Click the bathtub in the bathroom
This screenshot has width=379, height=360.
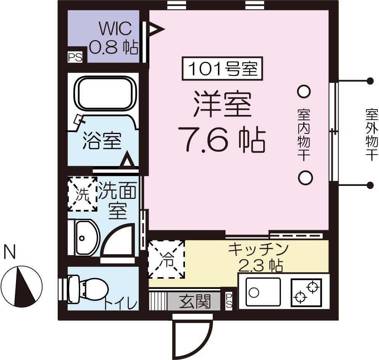107,94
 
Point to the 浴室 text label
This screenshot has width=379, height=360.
102,141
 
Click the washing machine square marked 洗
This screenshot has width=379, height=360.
82,194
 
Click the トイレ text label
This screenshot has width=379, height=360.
120,304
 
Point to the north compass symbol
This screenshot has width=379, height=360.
21,284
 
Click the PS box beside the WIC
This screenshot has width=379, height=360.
75,57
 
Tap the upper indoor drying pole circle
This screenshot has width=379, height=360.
304,91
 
